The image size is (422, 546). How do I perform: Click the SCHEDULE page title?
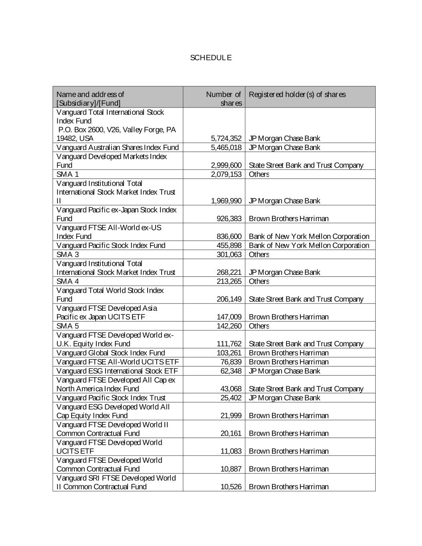pyautogui.click(x=211, y=58)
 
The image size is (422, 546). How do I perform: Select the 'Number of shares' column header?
pyautogui.click(x=224, y=98)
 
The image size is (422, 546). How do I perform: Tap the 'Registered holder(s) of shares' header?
pyautogui.click(x=297, y=94)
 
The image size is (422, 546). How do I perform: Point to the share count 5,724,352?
pyautogui.click(x=226, y=138)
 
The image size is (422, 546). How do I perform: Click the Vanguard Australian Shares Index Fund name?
pyautogui.click(x=118, y=148)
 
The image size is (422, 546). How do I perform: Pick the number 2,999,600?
pyautogui.click(x=226, y=165)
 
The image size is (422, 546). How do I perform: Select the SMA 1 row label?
pyautogui.click(x=68, y=174)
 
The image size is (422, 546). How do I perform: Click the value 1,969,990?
pyautogui.click(x=226, y=201)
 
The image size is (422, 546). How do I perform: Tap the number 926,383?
pyautogui.click(x=229, y=219)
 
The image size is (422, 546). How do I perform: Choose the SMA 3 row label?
pyautogui.click(x=68, y=254)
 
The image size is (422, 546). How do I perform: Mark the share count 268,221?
pyautogui.click(x=229, y=272)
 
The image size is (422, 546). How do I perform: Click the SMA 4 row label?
pyautogui.click(x=68, y=281)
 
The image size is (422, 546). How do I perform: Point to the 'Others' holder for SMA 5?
pyautogui.click(x=259, y=326)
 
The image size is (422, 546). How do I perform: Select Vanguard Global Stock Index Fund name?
pyautogui.click(x=111, y=353)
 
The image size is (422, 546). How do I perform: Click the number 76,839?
pyautogui.click(x=231, y=362)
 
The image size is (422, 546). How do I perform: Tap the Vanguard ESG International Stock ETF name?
pyautogui.click(x=117, y=371)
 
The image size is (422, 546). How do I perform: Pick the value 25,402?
pyautogui.click(x=231, y=398)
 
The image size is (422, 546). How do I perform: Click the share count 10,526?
pyautogui.click(x=231, y=487)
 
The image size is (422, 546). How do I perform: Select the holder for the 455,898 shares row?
pyautogui.click(x=309, y=246)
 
